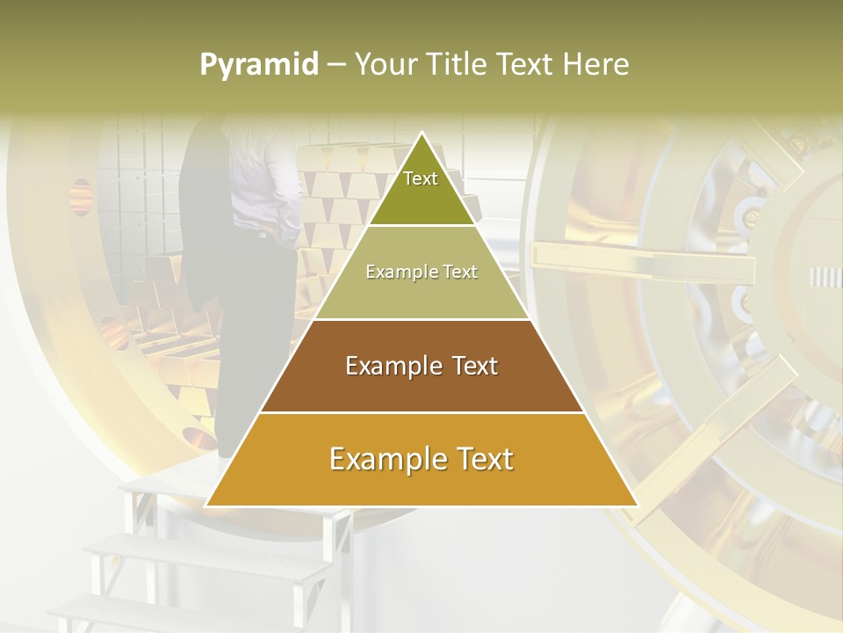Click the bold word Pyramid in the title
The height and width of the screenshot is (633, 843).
click(259, 65)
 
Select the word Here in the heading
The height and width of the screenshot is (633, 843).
click(596, 65)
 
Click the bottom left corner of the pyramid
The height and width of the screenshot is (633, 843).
click(207, 506)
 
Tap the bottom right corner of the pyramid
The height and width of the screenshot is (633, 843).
click(637, 506)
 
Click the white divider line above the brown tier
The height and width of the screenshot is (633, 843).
click(421, 319)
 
